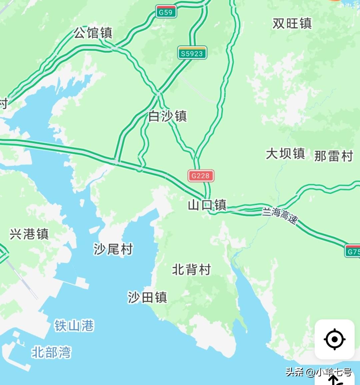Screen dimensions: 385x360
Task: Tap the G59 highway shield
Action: point(166,12)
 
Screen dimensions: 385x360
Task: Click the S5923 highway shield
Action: point(192,53)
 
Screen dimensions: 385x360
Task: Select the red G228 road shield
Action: point(201,176)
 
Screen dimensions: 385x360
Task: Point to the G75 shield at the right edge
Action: point(353,251)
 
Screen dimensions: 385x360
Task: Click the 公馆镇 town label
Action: point(93,33)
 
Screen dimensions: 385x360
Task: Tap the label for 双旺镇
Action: point(292,23)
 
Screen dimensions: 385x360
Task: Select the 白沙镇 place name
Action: point(168,116)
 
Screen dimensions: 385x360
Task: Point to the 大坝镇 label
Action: point(285,154)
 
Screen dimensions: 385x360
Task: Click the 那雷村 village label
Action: point(333,156)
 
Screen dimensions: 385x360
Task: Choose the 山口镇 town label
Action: point(207,205)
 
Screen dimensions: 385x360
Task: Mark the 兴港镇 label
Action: point(29,234)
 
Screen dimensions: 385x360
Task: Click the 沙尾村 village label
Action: point(113,249)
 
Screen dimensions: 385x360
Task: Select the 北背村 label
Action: point(191,269)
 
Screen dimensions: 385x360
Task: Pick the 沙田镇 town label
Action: point(147,297)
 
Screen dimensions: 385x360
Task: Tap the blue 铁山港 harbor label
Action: point(74,325)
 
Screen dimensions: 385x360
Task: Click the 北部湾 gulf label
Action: point(51,352)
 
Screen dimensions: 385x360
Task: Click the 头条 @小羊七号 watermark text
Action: point(318,372)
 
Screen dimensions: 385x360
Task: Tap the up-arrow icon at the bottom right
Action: point(334,380)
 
